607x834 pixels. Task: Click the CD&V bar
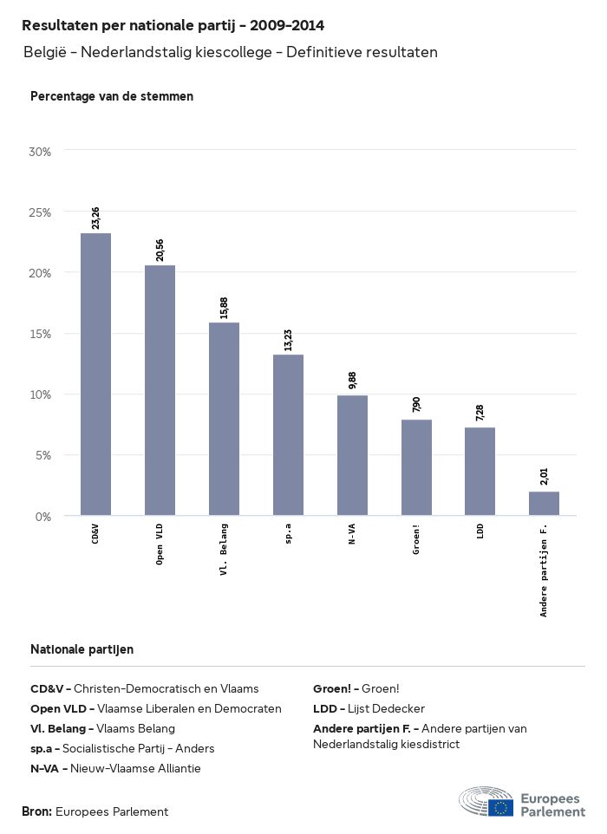click(x=95, y=375)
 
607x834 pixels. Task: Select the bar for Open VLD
click(x=160, y=390)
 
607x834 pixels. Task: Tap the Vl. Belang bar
click(x=224, y=419)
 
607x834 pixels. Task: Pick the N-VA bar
click(x=352, y=455)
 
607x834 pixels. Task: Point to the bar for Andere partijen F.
click(x=544, y=504)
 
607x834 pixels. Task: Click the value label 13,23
click(x=288, y=340)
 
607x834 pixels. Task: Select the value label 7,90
click(x=416, y=405)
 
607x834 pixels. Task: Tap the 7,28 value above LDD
click(x=480, y=413)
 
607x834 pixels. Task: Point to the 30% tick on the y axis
click(x=40, y=152)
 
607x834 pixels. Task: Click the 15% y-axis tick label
click(x=40, y=334)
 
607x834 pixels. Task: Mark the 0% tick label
click(x=43, y=517)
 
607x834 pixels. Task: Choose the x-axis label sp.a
click(x=288, y=532)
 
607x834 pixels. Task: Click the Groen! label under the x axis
click(x=416, y=538)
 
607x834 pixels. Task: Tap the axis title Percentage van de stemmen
click(x=112, y=96)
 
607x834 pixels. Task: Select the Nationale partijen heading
click(x=82, y=648)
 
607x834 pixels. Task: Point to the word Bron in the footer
click(x=36, y=812)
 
